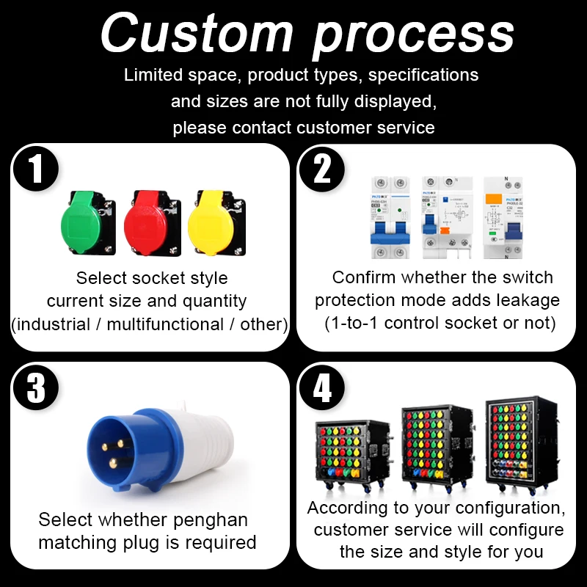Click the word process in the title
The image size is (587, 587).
413,35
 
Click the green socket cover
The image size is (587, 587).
87,223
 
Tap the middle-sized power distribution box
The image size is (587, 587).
436,448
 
